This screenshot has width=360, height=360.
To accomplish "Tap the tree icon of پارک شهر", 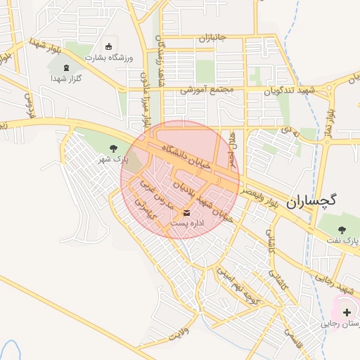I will pyautogui.click(x=114, y=147).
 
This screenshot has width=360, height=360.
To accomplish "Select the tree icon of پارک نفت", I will pyautogui.click(x=342, y=229).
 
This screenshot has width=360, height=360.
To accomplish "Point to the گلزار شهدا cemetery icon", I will pyautogui.click(x=67, y=67).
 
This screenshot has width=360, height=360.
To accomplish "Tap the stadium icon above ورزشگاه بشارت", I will pyautogui.click(x=108, y=46).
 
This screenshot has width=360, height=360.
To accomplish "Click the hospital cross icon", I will pyautogui.click(x=347, y=311).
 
